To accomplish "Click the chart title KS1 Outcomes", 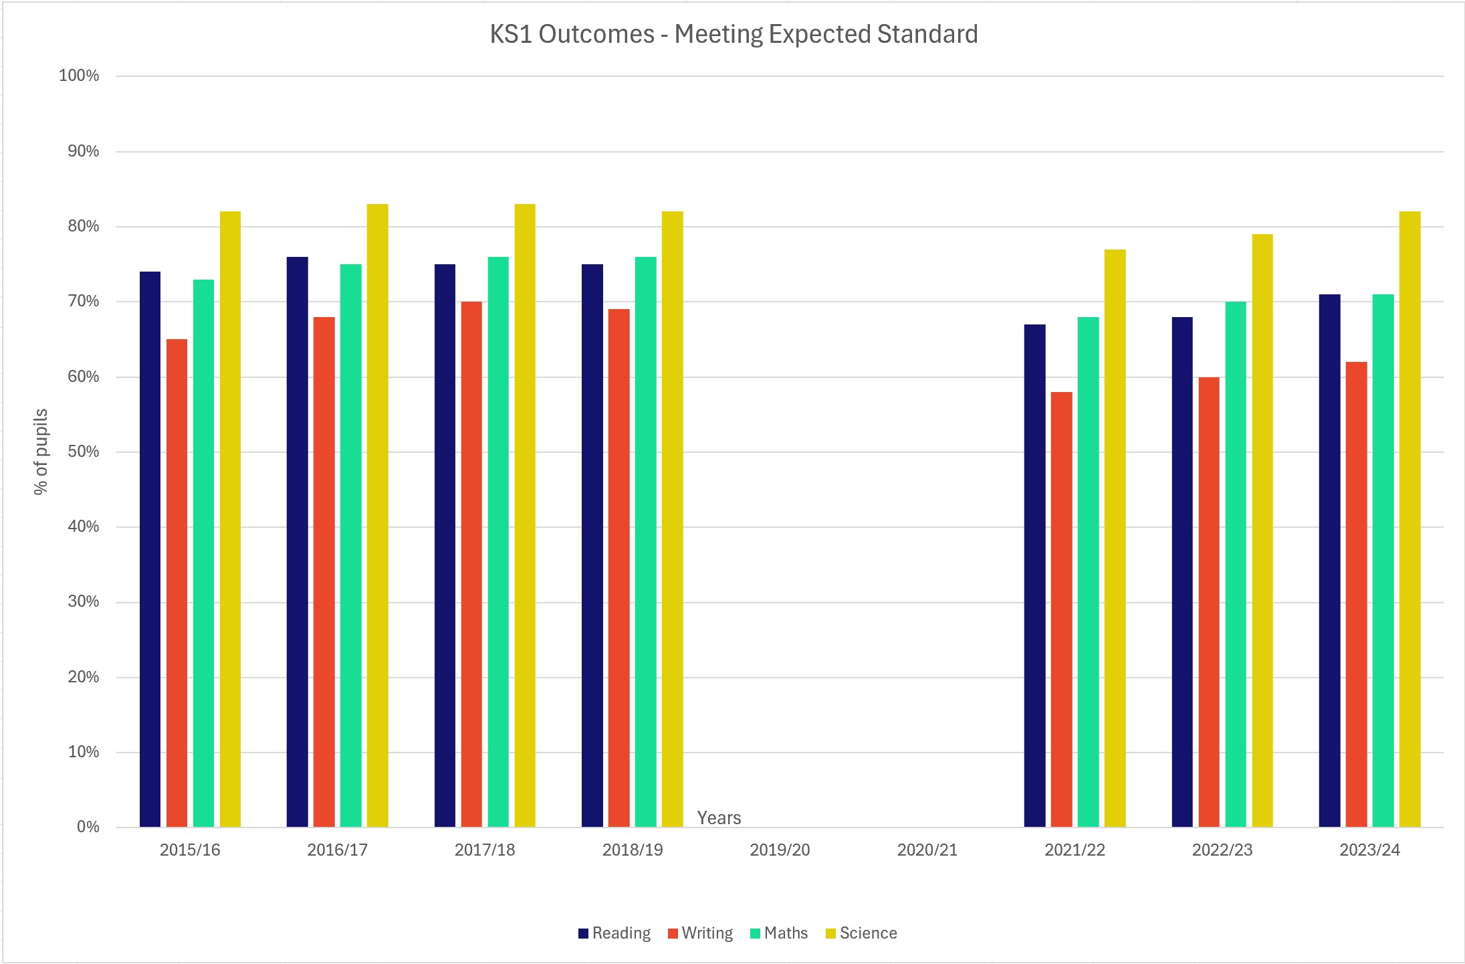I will pyautogui.click(x=734, y=34).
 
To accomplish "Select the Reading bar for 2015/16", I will pyautogui.click(x=150, y=549).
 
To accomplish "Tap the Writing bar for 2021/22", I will pyautogui.click(x=1061, y=609).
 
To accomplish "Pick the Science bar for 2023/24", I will pyautogui.click(x=1410, y=518).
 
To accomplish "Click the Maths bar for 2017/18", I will pyautogui.click(x=498, y=542).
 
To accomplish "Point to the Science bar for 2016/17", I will pyautogui.click(x=377, y=515).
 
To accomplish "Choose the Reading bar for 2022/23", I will pyautogui.click(x=1182, y=572).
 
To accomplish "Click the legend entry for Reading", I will pyautogui.click(x=614, y=933).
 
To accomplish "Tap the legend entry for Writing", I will pyautogui.click(x=701, y=933).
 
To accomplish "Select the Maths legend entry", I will pyautogui.click(x=780, y=933).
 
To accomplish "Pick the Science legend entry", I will pyautogui.click(x=862, y=933).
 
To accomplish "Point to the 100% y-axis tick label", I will pyautogui.click(x=79, y=76).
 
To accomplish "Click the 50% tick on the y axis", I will pyautogui.click(x=83, y=452).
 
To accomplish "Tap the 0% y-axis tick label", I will pyautogui.click(x=88, y=827).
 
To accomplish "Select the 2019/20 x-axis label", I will pyautogui.click(x=780, y=850).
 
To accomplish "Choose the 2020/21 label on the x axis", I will pyautogui.click(x=927, y=850).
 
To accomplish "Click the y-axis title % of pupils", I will pyautogui.click(x=41, y=452).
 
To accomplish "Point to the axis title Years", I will pyautogui.click(x=719, y=818).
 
